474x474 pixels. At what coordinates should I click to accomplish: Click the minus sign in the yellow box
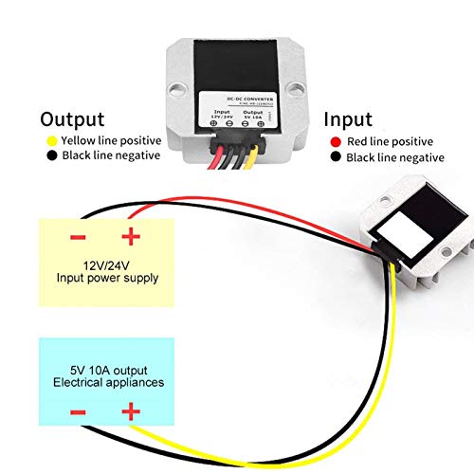click(78, 237)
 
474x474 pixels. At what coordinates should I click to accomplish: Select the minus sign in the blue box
click(78, 412)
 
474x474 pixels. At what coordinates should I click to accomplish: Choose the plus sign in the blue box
click(128, 412)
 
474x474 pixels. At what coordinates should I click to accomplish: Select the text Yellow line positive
click(111, 141)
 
